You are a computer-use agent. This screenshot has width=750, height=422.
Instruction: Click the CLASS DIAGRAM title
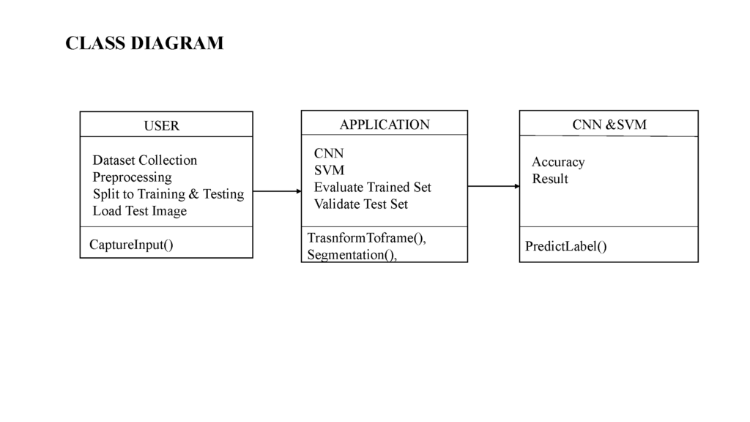[144, 43]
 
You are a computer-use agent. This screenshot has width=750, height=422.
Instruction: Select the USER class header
[162, 125]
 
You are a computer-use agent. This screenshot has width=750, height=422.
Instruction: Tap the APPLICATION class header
[385, 125]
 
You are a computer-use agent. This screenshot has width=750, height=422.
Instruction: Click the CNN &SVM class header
[609, 125]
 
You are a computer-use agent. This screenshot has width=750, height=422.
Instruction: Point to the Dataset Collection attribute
[144, 160]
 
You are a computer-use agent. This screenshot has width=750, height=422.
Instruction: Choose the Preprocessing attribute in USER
[132, 177]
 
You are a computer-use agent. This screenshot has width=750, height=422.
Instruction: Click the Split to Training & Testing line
[168, 193]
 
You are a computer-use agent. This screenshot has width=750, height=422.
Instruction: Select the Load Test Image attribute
[140, 211]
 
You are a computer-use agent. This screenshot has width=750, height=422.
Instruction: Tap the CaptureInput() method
[131, 245]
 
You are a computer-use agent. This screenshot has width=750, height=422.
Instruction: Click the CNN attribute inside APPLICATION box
[329, 153]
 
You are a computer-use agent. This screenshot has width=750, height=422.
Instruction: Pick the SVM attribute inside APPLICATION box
[329, 170]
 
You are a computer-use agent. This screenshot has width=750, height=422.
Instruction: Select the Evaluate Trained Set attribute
[373, 187]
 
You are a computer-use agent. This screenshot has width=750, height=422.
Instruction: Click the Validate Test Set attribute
[360, 204]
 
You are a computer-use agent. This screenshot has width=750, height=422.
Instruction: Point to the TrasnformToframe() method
[366, 238]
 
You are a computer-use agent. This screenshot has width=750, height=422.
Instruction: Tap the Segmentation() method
[352, 254]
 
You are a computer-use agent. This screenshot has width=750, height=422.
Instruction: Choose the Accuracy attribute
[558, 162]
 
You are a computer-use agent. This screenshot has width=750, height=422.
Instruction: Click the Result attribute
[550, 179]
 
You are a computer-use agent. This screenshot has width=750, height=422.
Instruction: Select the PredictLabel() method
[566, 246]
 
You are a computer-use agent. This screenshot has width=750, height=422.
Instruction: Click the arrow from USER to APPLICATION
[277, 191]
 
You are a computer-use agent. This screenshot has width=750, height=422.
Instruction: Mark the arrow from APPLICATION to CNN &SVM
[494, 186]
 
